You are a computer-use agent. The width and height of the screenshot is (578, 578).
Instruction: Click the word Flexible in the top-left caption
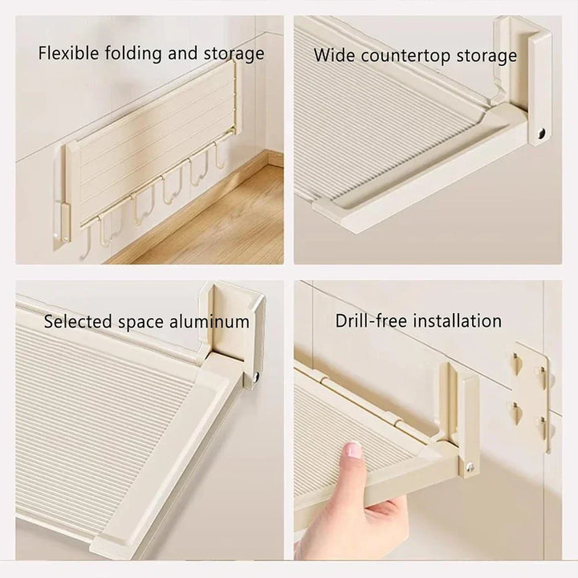68,53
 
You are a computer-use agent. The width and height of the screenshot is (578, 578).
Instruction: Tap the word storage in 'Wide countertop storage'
486,55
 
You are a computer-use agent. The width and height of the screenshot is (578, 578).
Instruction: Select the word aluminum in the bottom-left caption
209,321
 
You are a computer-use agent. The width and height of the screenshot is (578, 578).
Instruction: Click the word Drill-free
370,320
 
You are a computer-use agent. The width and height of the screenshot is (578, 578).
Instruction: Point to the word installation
457,320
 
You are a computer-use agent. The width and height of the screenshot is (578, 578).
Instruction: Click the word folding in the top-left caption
133,54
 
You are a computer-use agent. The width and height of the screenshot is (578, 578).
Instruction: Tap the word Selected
78,321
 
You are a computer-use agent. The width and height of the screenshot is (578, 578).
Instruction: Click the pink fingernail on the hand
352,450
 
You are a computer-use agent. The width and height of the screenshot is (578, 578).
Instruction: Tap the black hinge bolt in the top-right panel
542,133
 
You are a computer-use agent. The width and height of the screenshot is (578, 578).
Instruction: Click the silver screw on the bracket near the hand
470,467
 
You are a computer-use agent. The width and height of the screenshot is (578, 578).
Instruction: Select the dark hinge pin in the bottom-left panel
255,376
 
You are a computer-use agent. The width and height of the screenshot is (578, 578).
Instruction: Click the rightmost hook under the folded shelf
219,155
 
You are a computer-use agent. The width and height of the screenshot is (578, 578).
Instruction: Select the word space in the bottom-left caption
140,323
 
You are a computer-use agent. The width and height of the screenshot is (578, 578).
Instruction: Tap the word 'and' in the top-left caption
182,53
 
